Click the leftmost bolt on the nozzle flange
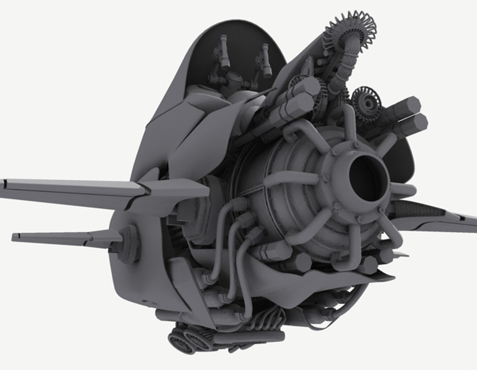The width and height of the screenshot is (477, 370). coord(325,178)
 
